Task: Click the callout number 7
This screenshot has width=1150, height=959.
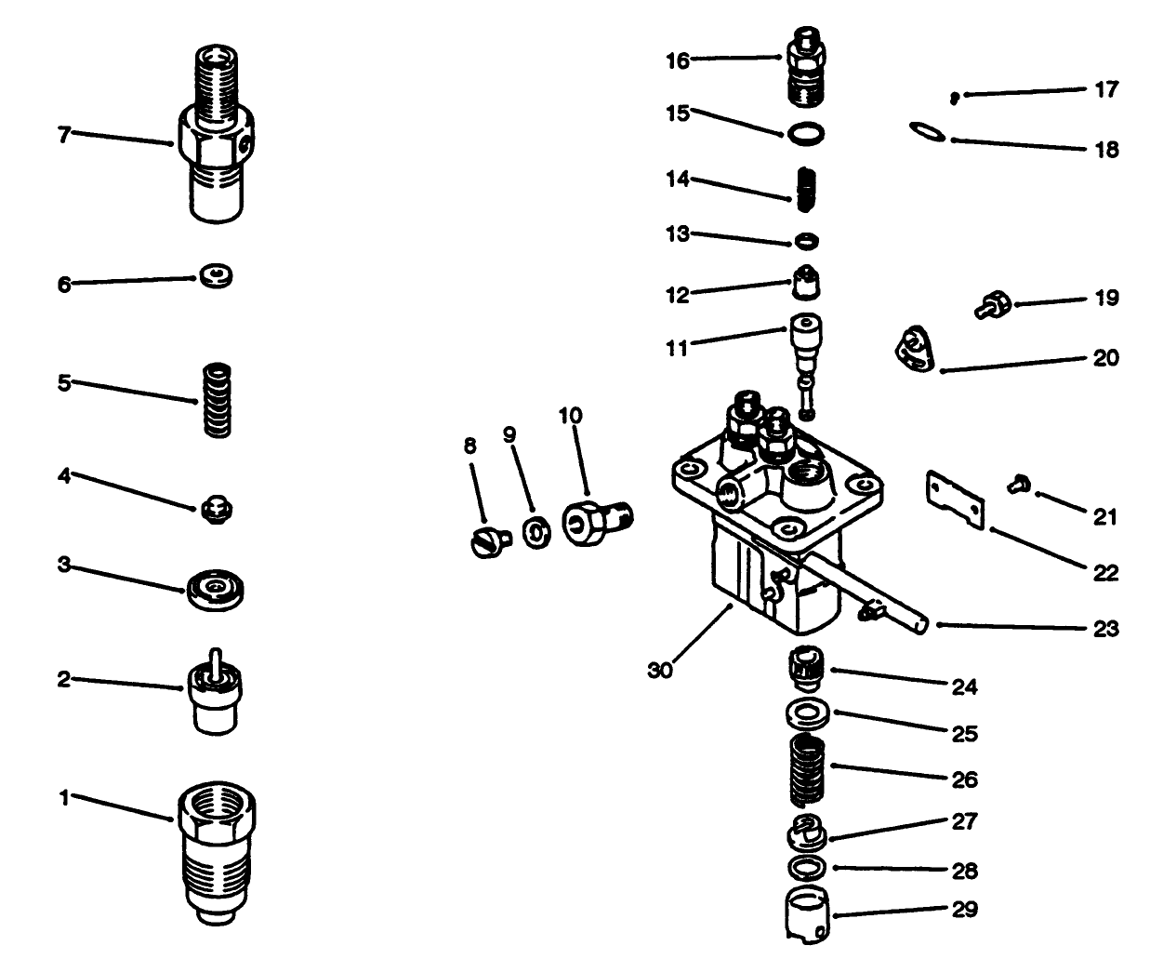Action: (63, 135)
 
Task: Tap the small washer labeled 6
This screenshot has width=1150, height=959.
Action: (216, 276)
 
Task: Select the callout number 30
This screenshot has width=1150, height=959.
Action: (659, 670)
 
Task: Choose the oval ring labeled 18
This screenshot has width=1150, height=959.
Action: (927, 134)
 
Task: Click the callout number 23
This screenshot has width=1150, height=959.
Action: (1105, 629)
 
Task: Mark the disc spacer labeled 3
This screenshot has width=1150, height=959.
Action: (216, 592)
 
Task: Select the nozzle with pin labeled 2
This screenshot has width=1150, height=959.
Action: (216, 698)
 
